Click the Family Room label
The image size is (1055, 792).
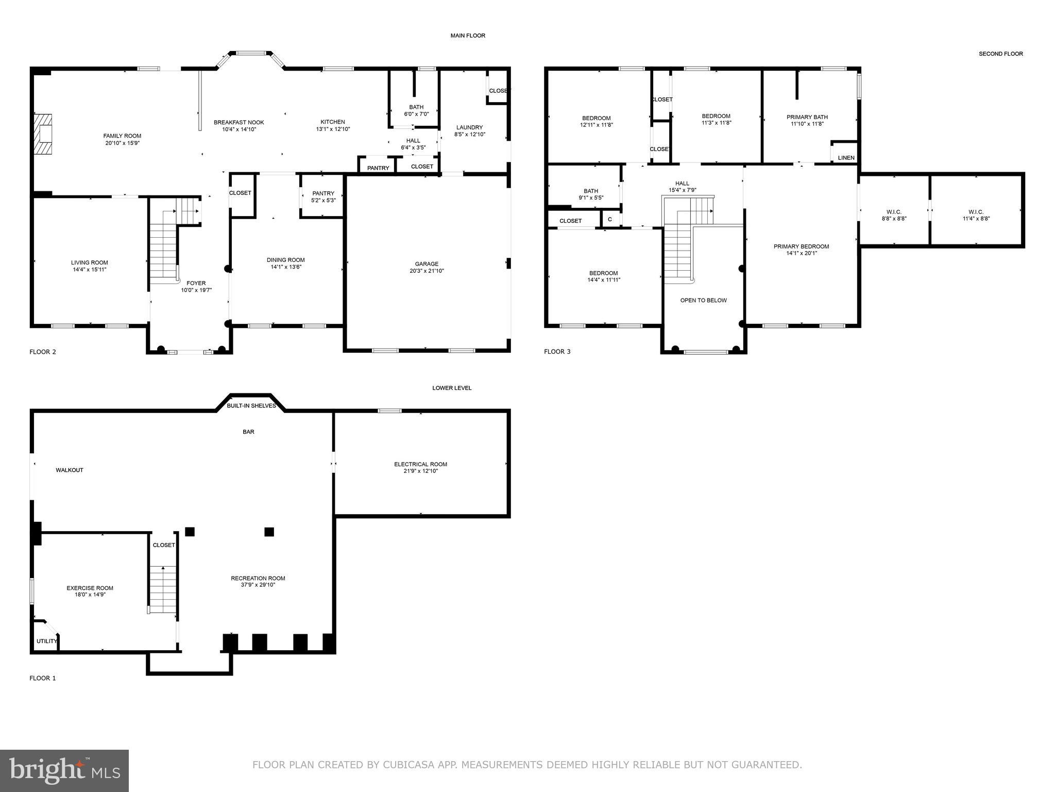tap(122, 136)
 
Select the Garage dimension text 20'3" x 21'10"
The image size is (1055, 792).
tap(427, 271)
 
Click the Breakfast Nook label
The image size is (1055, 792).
tap(239, 123)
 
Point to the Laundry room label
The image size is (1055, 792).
tap(469, 127)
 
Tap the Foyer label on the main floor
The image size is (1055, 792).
tap(196, 283)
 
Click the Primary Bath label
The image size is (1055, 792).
tap(807, 117)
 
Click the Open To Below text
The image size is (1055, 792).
tap(703, 300)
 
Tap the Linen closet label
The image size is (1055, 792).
tap(846, 158)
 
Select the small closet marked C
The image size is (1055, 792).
tap(610, 219)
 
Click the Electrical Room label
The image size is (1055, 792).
tap(420, 464)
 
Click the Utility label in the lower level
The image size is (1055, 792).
tap(46, 641)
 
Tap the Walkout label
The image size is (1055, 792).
tap(70, 470)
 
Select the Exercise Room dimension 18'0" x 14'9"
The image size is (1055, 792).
tap(90, 595)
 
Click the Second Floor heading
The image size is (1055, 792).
tap(1000, 54)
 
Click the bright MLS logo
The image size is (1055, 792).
tap(64, 770)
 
